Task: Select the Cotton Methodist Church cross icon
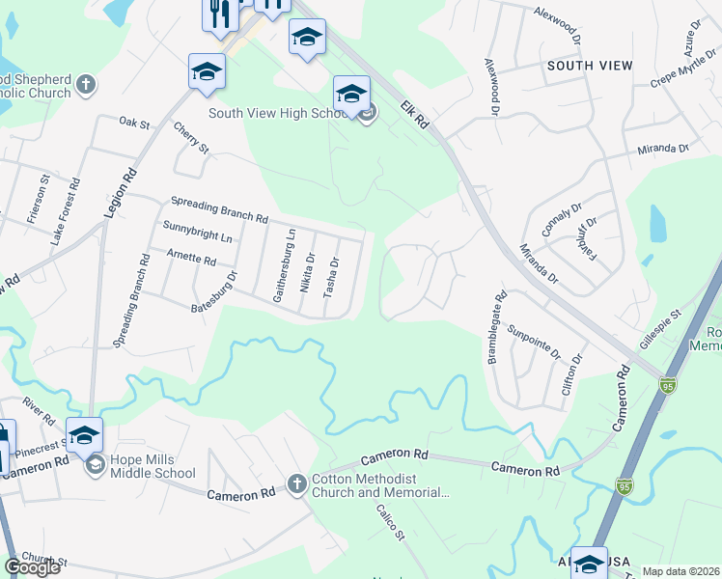pos(297,482)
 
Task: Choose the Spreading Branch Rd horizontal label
pos(218,209)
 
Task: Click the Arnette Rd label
pos(189,258)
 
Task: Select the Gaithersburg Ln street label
pos(284,266)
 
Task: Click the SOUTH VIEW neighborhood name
pos(590,66)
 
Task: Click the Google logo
pos(33,566)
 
